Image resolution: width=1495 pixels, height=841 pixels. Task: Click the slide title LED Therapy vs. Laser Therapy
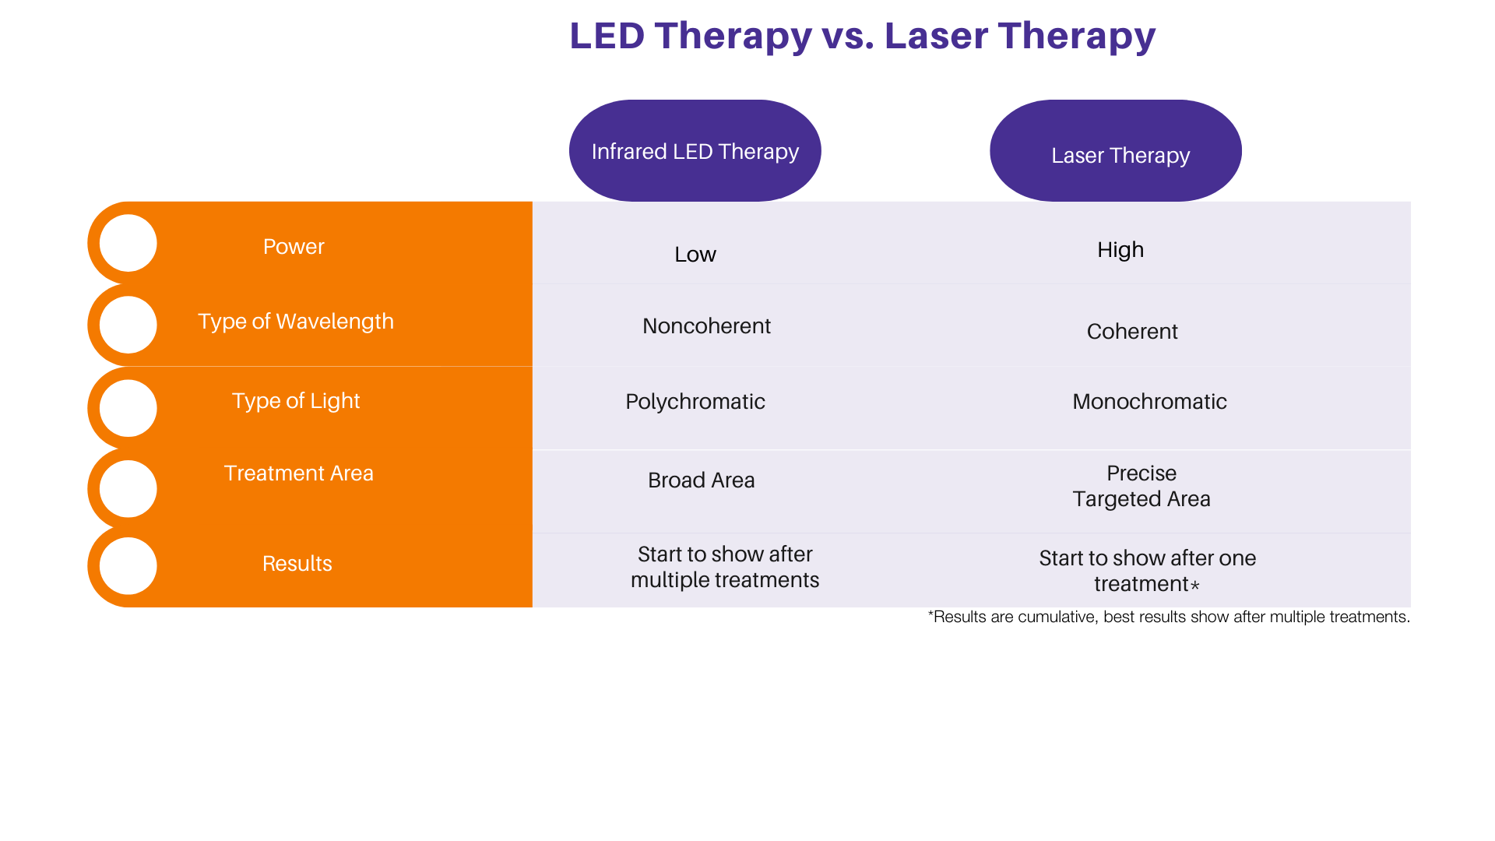pyautogui.click(x=862, y=36)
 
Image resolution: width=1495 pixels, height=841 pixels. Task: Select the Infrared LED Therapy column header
pyautogui.click(x=695, y=151)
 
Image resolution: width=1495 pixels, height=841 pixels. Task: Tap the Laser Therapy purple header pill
pyautogui.click(x=1116, y=151)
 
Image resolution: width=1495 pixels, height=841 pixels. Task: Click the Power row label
pyautogui.click(x=294, y=247)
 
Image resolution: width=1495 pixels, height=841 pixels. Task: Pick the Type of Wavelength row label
pyautogui.click(x=296, y=322)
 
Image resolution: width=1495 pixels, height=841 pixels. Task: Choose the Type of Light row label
pyautogui.click(x=296, y=401)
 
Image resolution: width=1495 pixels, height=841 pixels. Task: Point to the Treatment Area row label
pyautogui.click(x=298, y=473)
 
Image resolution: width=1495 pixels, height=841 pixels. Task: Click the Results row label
pyautogui.click(x=297, y=564)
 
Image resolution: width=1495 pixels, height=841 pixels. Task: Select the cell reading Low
pyautogui.click(x=695, y=255)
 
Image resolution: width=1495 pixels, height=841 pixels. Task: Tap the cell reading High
pyautogui.click(x=1120, y=250)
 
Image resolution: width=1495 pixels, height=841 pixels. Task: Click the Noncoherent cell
pyautogui.click(x=706, y=326)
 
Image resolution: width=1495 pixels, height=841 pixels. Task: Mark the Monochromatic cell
pyautogui.click(x=1149, y=402)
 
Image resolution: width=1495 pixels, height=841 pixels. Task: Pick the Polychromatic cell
pyautogui.click(x=695, y=402)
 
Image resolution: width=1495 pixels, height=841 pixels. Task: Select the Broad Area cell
pyautogui.click(x=701, y=480)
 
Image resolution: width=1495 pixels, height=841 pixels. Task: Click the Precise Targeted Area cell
pyautogui.click(x=1141, y=486)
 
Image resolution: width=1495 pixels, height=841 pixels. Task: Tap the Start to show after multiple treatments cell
pyautogui.click(x=724, y=567)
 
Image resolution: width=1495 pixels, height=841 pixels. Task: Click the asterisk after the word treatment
pyautogui.click(x=1195, y=585)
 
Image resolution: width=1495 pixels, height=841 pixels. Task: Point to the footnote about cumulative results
pyautogui.click(x=1168, y=618)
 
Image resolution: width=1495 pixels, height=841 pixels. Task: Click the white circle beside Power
pyautogui.click(x=128, y=243)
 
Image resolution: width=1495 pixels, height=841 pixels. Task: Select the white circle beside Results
pyautogui.click(x=128, y=566)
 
